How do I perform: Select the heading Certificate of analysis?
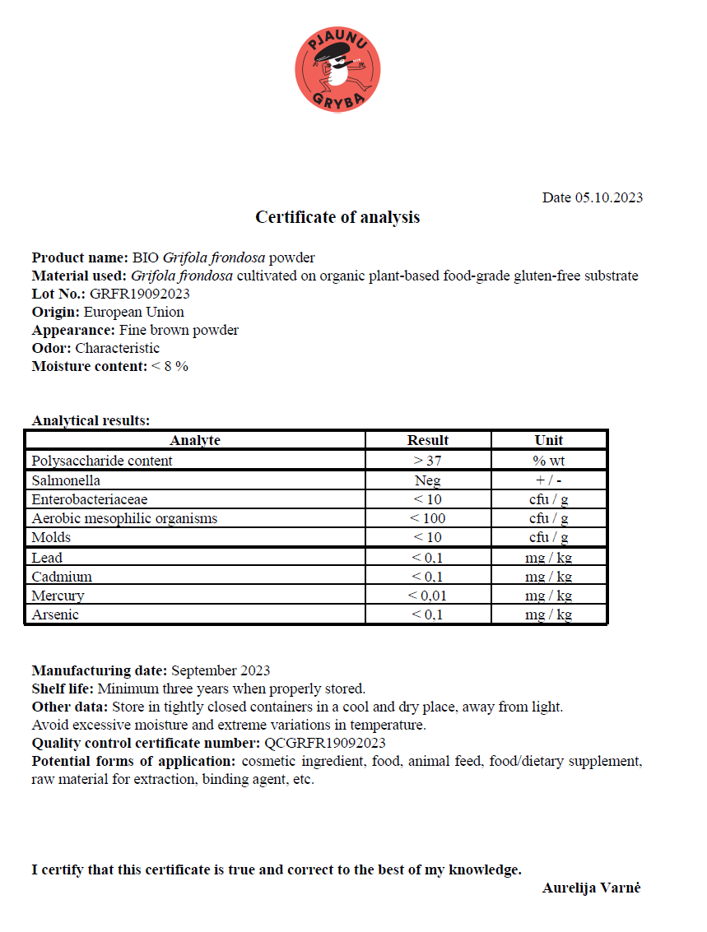coord(337,217)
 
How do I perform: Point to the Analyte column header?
coord(195,440)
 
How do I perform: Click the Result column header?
coord(427,440)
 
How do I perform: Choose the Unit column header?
coord(548,440)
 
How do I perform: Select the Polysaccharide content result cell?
coord(427,461)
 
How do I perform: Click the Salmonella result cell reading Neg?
coord(427,480)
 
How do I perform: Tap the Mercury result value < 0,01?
coord(427,596)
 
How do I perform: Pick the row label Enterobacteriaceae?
coord(90,499)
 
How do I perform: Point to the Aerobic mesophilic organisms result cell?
coord(427,518)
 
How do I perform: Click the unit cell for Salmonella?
coord(548,480)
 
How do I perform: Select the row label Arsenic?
coord(55,614)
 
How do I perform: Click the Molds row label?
coord(51,537)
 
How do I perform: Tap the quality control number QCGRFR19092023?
coord(324,743)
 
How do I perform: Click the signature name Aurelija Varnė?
coord(591,888)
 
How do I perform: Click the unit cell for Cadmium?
coord(548,577)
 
